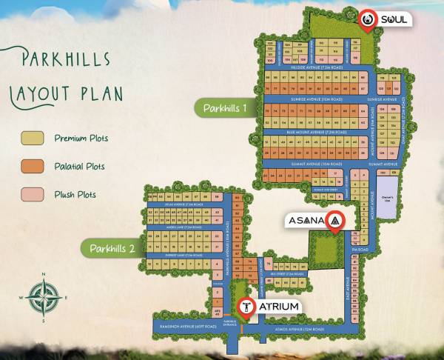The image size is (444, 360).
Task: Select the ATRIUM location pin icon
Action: pos(243,307)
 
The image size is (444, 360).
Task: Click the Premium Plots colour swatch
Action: pos(32,138)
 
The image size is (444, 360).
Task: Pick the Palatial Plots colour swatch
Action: pos(32,166)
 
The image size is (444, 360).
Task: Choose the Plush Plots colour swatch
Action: pos(32,194)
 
